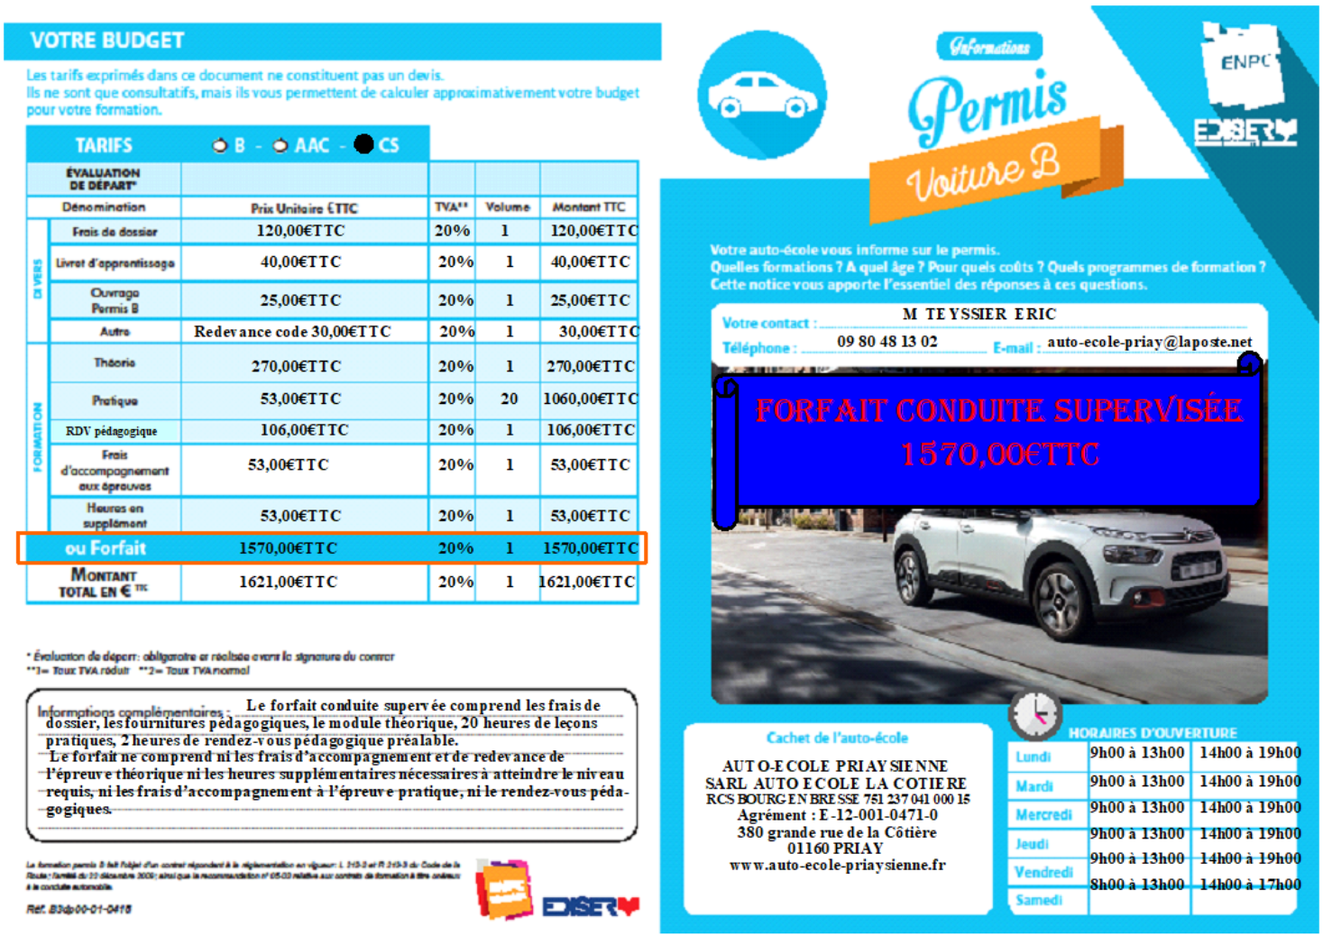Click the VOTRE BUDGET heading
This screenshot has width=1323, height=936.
pos(106,41)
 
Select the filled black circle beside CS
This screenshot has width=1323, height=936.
pos(363,144)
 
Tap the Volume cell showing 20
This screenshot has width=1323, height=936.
pos(510,399)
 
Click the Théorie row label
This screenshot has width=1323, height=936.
pos(115,362)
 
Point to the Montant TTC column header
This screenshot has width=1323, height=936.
pos(588,207)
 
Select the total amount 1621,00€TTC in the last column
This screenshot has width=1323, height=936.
pos(587,582)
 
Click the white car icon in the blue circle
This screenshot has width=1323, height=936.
pos(762,96)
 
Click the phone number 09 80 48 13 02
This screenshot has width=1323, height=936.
pos(887,342)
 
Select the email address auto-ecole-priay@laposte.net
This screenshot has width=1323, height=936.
pos(1149,342)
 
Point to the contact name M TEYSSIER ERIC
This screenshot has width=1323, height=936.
pos(978,314)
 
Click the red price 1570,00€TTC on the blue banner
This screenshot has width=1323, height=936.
pos(999,454)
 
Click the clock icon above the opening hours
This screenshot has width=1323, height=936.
pos(1034,714)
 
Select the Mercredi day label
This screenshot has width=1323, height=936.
pos(1043,815)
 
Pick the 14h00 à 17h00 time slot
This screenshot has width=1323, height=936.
pos(1249,885)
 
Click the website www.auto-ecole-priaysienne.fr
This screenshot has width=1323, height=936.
pos(837,866)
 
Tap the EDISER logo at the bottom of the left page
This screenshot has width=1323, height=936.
pos(590,906)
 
